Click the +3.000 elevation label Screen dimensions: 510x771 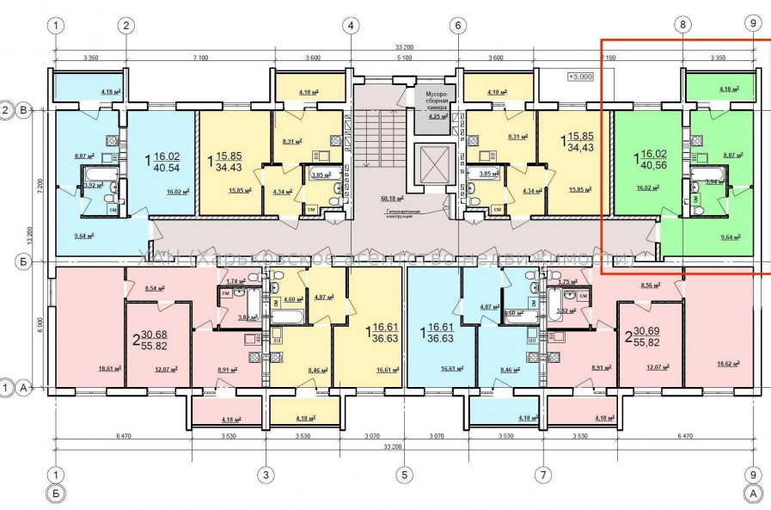click(x=581, y=76)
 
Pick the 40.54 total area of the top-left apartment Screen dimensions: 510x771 click(x=164, y=169)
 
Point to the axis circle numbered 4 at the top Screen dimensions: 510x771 click(x=351, y=26)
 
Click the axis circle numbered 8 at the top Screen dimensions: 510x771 click(x=683, y=26)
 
